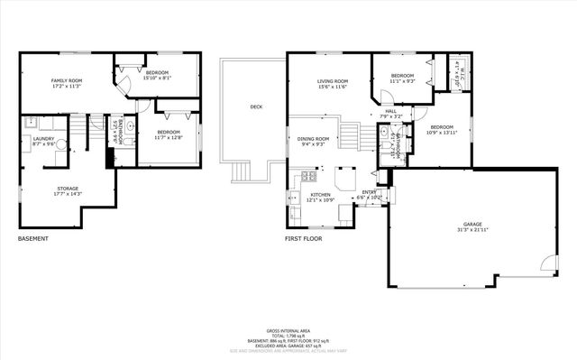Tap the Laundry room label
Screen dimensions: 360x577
click(43, 141)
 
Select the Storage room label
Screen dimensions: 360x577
click(62, 190)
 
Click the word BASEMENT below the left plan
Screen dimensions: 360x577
click(33, 239)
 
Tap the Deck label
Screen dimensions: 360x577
click(256, 107)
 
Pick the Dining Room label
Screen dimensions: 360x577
click(313, 141)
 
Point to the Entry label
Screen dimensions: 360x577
click(370, 194)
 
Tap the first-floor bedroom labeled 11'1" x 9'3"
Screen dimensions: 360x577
click(402, 78)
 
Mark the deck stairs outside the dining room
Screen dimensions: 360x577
click(241, 171)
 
